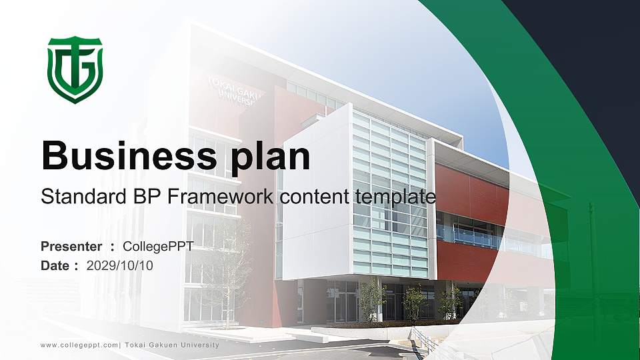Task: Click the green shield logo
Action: pos(75,69)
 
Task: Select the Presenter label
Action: pos(71,247)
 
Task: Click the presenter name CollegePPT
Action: pos(158,247)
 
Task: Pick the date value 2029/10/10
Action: pos(119,265)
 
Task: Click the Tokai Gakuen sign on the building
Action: pos(233,90)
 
